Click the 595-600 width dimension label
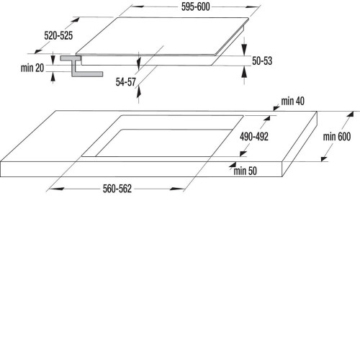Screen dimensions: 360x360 pyautogui.click(x=196, y=6)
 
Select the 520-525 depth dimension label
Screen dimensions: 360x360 pyautogui.click(x=58, y=35)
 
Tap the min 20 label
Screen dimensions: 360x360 pyautogui.click(x=32, y=68)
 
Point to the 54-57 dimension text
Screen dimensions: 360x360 pyautogui.click(x=126, y=82)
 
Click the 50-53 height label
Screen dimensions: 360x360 pyautogui.click(x=262, y=60)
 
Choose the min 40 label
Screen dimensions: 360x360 pyautogui.click(x=293, y=101)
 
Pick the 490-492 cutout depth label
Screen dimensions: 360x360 pyautogui.click(x=254, y=137)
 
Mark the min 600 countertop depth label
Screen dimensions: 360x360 pyautogui.click(x=337, y=137)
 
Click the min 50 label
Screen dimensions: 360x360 pyautogui.click(x=246, y=171)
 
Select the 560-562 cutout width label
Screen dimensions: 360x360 pyautogui.click(x=117, y=189)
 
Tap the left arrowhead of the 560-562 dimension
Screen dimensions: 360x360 pyautogui.click(x=56, y=189)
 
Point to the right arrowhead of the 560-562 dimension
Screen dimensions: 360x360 pyautogui.click(x=177, y=189)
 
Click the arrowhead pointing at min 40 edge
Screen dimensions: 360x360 pyautogui.click(x=276, y=108)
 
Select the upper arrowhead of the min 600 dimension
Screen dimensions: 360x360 pyautogui.click(x=351, y=114)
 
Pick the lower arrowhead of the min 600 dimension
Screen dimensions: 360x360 pyautogui.click(x=324, y=159)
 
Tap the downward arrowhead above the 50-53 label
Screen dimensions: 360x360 pyautogui.click(x=244, y=50)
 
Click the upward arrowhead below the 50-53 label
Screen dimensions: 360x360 pyautogui.click(x=244, y=72)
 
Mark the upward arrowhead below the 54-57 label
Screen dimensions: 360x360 pyautogui.click(x=138, y=92)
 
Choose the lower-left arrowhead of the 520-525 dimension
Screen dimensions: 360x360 pyautogui.click(x=38, y=51)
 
